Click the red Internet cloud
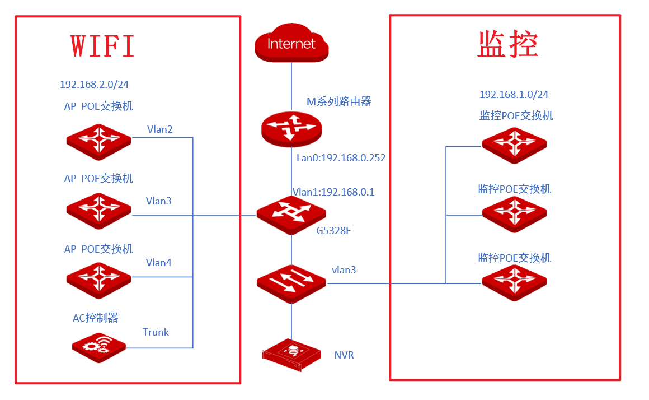291,43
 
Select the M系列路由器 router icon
291,129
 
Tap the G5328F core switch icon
291,215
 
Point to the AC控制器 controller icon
99,347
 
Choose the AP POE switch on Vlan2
99,141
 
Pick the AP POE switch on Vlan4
99,280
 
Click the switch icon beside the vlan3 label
291,283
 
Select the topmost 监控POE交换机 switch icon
515,145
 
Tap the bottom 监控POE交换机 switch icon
515,283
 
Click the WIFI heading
102,45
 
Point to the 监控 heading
507,44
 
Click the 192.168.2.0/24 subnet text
94,85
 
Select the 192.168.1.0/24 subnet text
514,95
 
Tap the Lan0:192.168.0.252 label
341,158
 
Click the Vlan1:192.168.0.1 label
333,192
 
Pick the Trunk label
156,332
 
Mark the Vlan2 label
160,129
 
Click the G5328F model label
333,231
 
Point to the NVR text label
344,355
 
